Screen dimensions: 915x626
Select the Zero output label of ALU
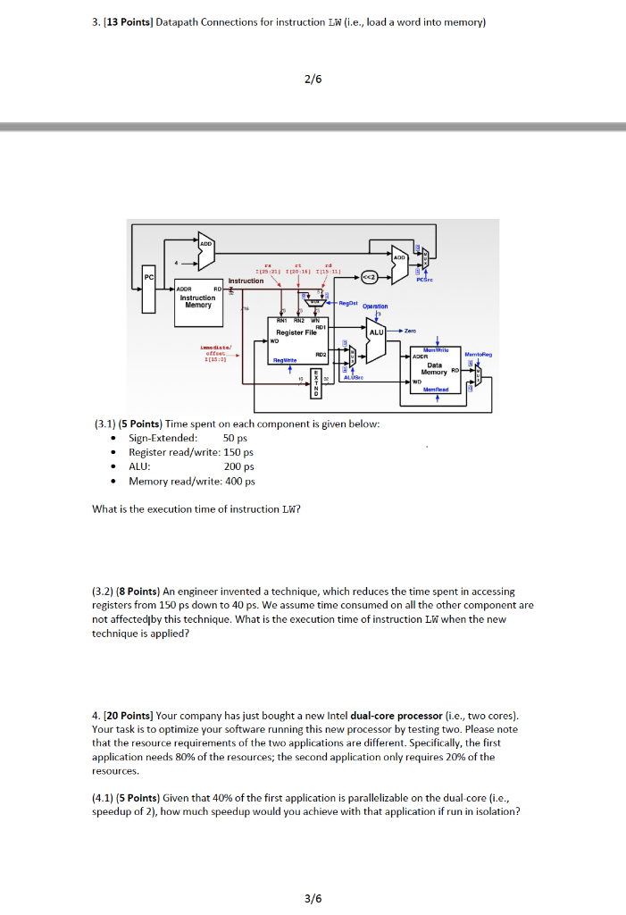(x=412, y=331)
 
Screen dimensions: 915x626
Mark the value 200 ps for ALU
(x=238, y=466)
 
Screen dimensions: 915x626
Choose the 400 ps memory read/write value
(x=239, y=482)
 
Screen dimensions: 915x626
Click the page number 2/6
(x=313, y=79)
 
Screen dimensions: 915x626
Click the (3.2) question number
(x=104, y=592)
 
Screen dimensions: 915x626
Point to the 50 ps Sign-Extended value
(x=234, y=438)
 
